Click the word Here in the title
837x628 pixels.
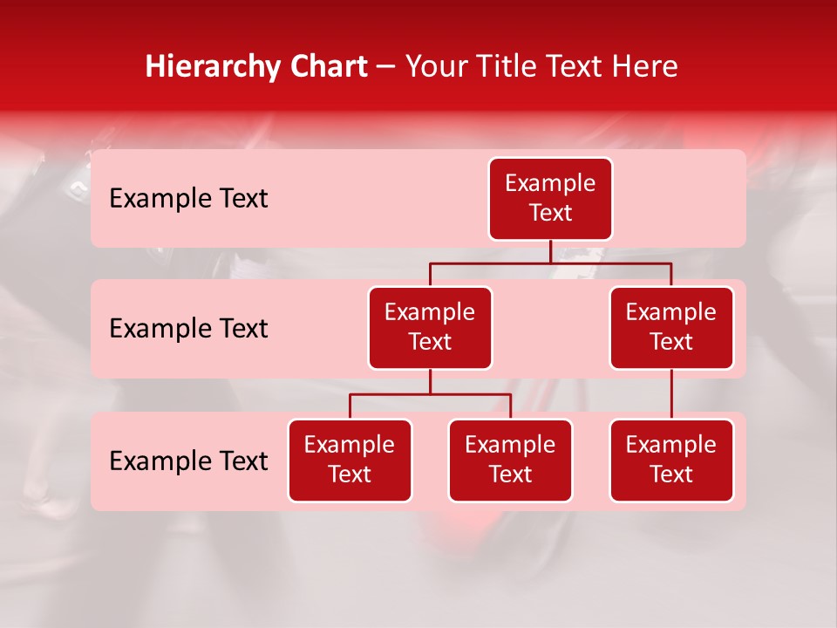[x=645, y=66]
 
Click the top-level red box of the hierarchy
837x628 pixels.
[x=550, y=199]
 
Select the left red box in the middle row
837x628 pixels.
[x=430, y=328]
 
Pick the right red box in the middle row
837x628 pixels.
[x=671, y=328]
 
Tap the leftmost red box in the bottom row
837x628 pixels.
[x=350, y=461]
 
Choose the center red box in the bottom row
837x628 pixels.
[x=510, y=461]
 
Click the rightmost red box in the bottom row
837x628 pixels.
[x=671, y=461]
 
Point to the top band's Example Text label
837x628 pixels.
[x=188, y=199]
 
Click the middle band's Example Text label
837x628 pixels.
[x=188, y=329]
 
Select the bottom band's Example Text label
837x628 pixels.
[x=188, y=461]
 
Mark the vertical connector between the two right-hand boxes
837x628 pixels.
[x=671, y=394]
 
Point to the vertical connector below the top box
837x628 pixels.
[x=550, y=251]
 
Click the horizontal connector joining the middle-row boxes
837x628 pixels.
[x=550, y=263]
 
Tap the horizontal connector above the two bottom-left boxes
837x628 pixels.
[x=430, y=394]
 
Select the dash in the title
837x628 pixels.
[x=386, y=68]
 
